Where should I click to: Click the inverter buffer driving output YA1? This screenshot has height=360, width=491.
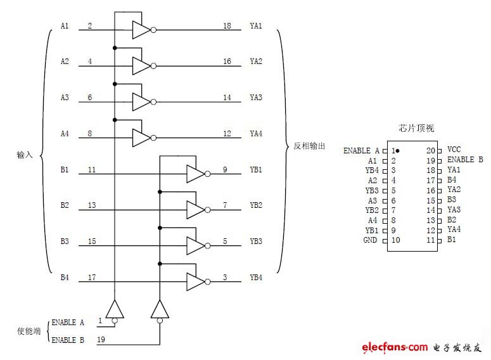pyautogui.click(x=142, y=29)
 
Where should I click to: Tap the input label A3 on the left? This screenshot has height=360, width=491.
pyautogui.click(x=65, y=98)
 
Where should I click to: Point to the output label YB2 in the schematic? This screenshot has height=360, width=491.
pyautogui.click(x=256, y=205)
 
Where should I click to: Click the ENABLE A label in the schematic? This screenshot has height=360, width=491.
pyautogui.click(x=68, y=323)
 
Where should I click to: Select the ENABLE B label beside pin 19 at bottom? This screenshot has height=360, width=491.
pyautogui.click(x=68, y=340)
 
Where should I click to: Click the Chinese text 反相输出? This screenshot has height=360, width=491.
pyautogui.click(x=310, y=146)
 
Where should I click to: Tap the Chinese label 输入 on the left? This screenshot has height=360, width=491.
pyautogui.click(x=25, y=154)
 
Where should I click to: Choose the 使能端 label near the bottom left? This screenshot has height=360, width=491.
pyautogui.click(x=28, y=331)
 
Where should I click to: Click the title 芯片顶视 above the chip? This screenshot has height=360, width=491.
pyautogui.click(x=416, y=128)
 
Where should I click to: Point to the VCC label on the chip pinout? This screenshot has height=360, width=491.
pyautogui.click(x=454, y=150)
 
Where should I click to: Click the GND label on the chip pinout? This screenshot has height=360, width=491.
pyautogui.click(x=370, y=240)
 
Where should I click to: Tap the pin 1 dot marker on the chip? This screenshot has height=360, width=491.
pyautogui.click(x=397, y=151)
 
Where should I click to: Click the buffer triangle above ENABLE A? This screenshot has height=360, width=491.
pyautogui.click(x=115, y=309)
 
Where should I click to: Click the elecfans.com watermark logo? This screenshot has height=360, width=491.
pyautogui.click(x=395, y=347)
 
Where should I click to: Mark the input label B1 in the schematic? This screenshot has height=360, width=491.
pyautogui.click(x=65, y=170)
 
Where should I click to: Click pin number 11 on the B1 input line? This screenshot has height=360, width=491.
pyautogui.click(x=92, y=170)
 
